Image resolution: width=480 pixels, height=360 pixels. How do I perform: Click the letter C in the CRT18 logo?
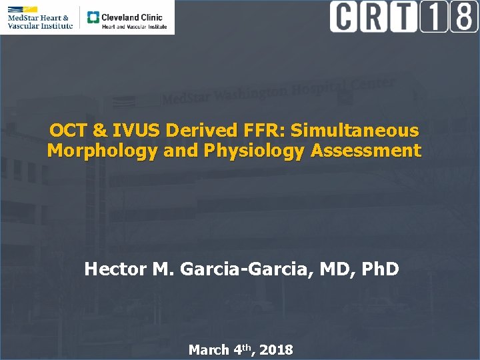click(x=343, y=17)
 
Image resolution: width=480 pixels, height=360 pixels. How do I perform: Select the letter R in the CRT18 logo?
click(x=375, y=17)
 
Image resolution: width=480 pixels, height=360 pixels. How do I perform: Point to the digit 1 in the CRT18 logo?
click(x=433, y=17)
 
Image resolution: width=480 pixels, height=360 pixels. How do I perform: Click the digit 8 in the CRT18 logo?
click(x=463, y=17)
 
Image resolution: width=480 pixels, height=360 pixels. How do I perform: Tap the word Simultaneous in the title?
click(x=361, y=130)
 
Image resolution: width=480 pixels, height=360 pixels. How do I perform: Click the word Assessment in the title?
click(x=365, y=151)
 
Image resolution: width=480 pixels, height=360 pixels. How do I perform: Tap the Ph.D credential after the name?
click(x=381, y=269)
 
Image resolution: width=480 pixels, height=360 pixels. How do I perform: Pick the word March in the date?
click(x=208, y=350)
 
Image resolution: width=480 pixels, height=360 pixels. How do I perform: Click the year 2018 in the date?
click(x=276, y=350)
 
